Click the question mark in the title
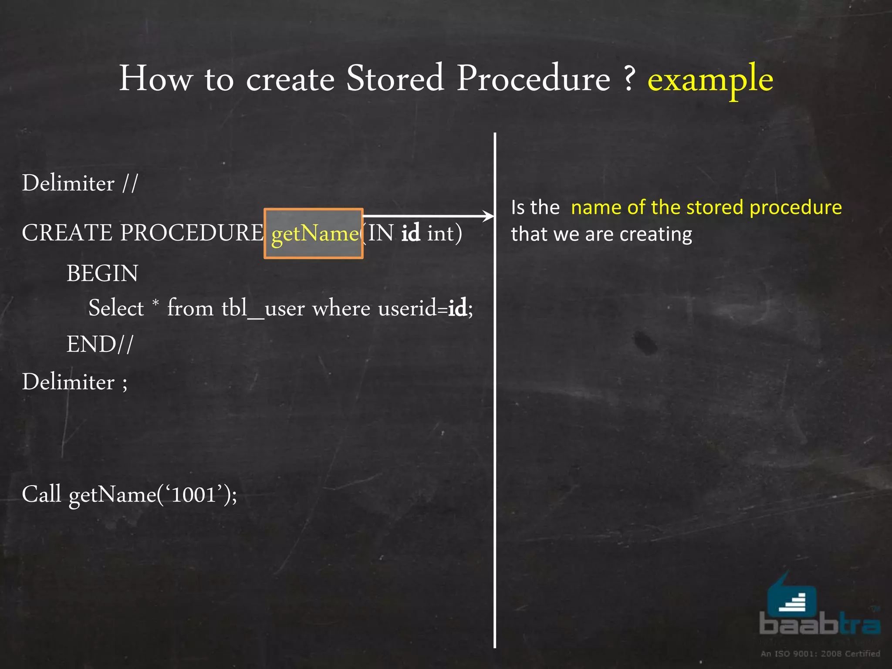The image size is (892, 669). pyautogui.click(x=629, y=78)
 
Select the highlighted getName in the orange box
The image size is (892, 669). pyautogui.click(x=314, y=234)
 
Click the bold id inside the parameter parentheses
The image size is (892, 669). pyautogui.click(x=410, y=233)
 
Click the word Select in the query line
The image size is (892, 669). pyautogui.click(x=116, y=308)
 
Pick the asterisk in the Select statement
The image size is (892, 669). pyautogui.click(x=155, y=302)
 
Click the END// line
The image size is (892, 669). pyautogui.click(x=100, y=345)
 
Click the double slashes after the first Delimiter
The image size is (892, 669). pyautogui.click(x=130, y=183)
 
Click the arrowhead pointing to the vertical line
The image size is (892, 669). pyautogui.click(x=489, y=216)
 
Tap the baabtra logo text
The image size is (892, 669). pyautogui.click(x=819, y=624)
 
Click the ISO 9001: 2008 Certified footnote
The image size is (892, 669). pyautogui.click(x=820, y=653)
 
